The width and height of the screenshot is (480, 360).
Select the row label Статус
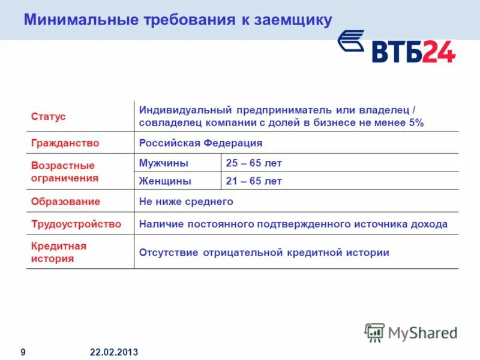pyautogui.click(x=49, y=116)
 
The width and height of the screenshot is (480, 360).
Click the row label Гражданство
pyautogui.click(x=65, y=143)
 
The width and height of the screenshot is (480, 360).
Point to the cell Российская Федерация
pyautogui.click(x=200, y=143)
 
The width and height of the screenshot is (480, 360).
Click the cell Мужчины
pyautogui.click(x=164, y=163)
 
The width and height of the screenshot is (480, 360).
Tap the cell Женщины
pyautogui.click(x=166, y=181)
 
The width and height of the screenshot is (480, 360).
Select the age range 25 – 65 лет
pyautogui.click(x=254, y=163)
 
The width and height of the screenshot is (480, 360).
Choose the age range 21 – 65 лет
pyautogui.click(x=254, y=181)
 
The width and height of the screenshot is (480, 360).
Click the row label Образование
pyautogui.click(x=65, y=202)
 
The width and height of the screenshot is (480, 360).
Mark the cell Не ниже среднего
pyautogui.click(x=186, y=202)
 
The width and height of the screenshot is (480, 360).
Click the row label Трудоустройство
pyautogui.click(x=76, y=224)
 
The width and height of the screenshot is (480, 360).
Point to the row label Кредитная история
pyautogui.click(x=59, y=253)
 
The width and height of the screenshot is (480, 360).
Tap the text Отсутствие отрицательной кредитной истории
pyautogui.click(x=264, y=253)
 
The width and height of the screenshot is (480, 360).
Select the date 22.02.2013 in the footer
pyautogui.click(x=114, y=352)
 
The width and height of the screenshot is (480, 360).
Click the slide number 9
pyautogui.click(x=23, y=352)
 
